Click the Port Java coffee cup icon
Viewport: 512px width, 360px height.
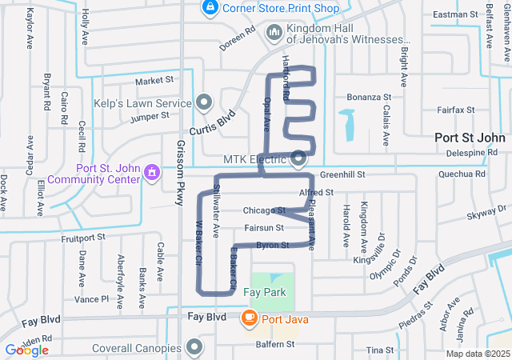(x=249, y=318)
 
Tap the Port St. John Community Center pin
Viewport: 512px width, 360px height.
(x=150, y=172)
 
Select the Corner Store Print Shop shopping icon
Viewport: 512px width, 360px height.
(x=210, y=8)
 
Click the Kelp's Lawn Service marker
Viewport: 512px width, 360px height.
(x=204, y=102)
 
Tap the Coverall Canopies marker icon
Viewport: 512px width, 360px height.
(x=194, y=347)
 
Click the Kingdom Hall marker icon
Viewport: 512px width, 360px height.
(x=274, y=33)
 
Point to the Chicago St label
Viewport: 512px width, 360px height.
(x=264, y=211)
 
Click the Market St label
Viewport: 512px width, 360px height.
(x=154, y=81)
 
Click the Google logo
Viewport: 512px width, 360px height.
(x=26, y=350)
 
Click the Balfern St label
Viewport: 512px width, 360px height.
(x=275, y=344)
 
